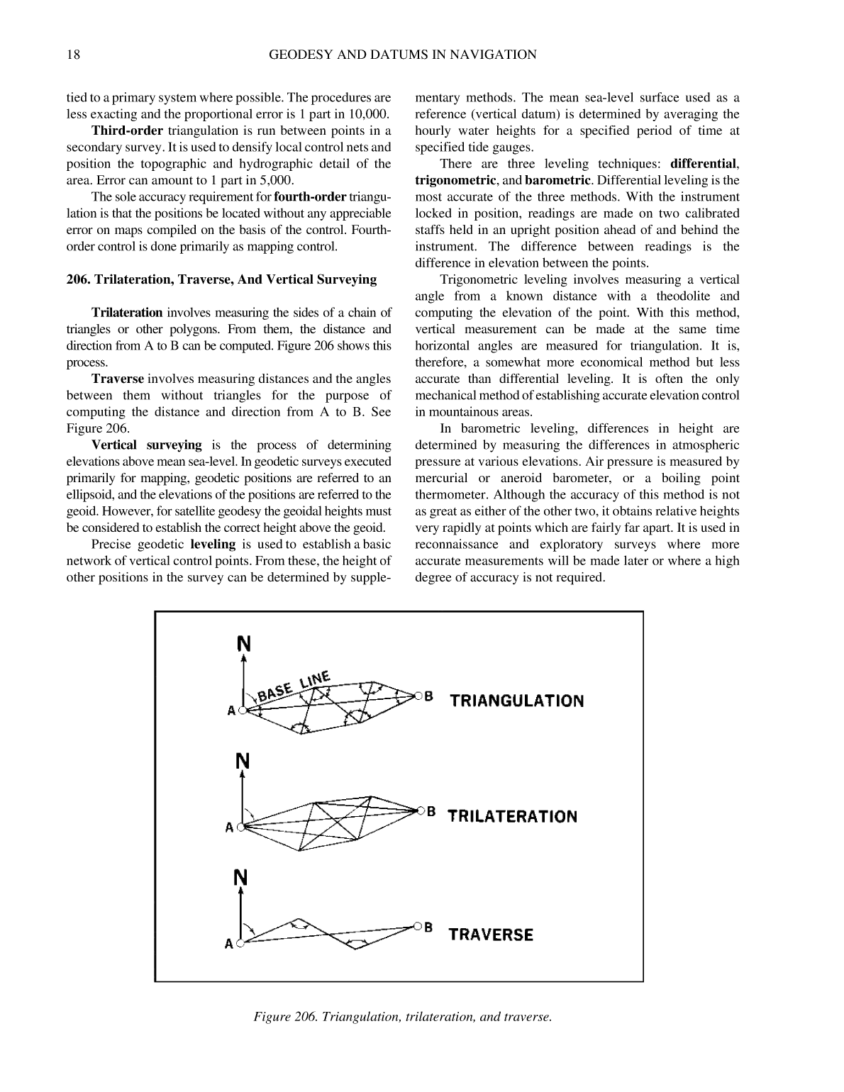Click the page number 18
[73, 55]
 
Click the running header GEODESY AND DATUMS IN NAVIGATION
[403, 55]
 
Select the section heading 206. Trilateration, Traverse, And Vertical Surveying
[221, 279]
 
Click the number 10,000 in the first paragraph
[370, 114]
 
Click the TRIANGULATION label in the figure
[517, 701]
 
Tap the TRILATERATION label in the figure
[513, 816]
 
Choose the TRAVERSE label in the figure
[491, 935]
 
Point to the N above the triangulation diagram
[243, 643]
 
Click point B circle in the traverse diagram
[418, 926]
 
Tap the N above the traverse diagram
[241, 878]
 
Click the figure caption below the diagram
[402, 1017]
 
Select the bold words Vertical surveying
[146, 445]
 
